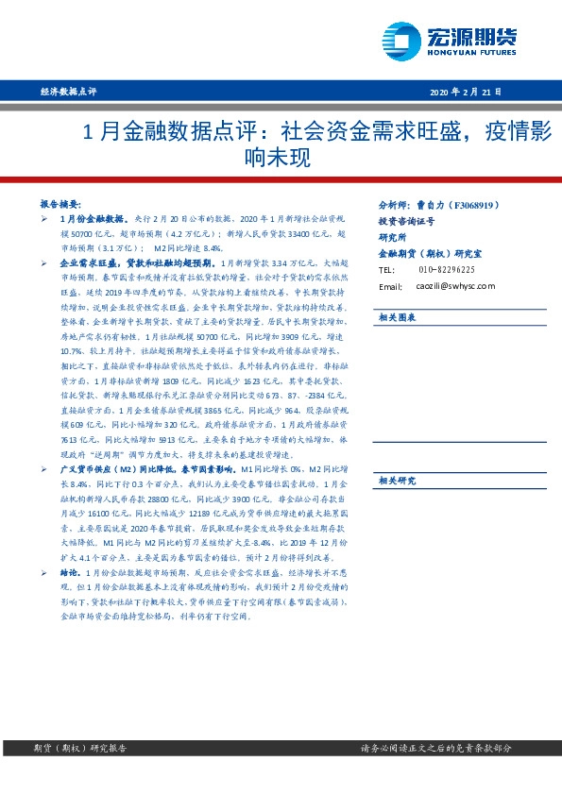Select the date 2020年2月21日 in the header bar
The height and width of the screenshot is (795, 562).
[467, 92]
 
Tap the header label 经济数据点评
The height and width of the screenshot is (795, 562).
[70, 92]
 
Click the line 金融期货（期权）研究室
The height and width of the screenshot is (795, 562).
[429, 254]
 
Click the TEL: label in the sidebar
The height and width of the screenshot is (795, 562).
[386, 270]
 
